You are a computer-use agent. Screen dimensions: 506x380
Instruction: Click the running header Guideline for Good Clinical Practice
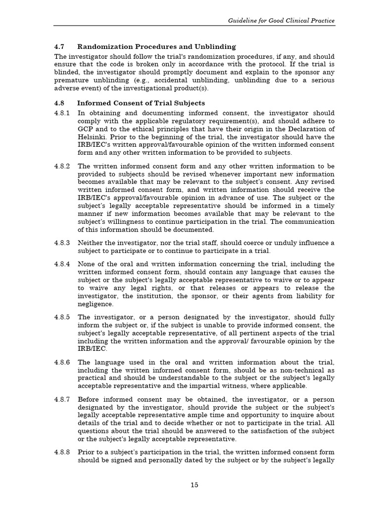click(281, 21)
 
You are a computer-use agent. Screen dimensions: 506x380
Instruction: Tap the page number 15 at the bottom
click(194, 485)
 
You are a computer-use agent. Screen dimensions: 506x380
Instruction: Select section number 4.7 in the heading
click(59, 47)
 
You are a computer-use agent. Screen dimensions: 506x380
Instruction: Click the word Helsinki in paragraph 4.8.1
click(91, 137)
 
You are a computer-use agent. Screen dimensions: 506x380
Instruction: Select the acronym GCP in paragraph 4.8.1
click(86, 129)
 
